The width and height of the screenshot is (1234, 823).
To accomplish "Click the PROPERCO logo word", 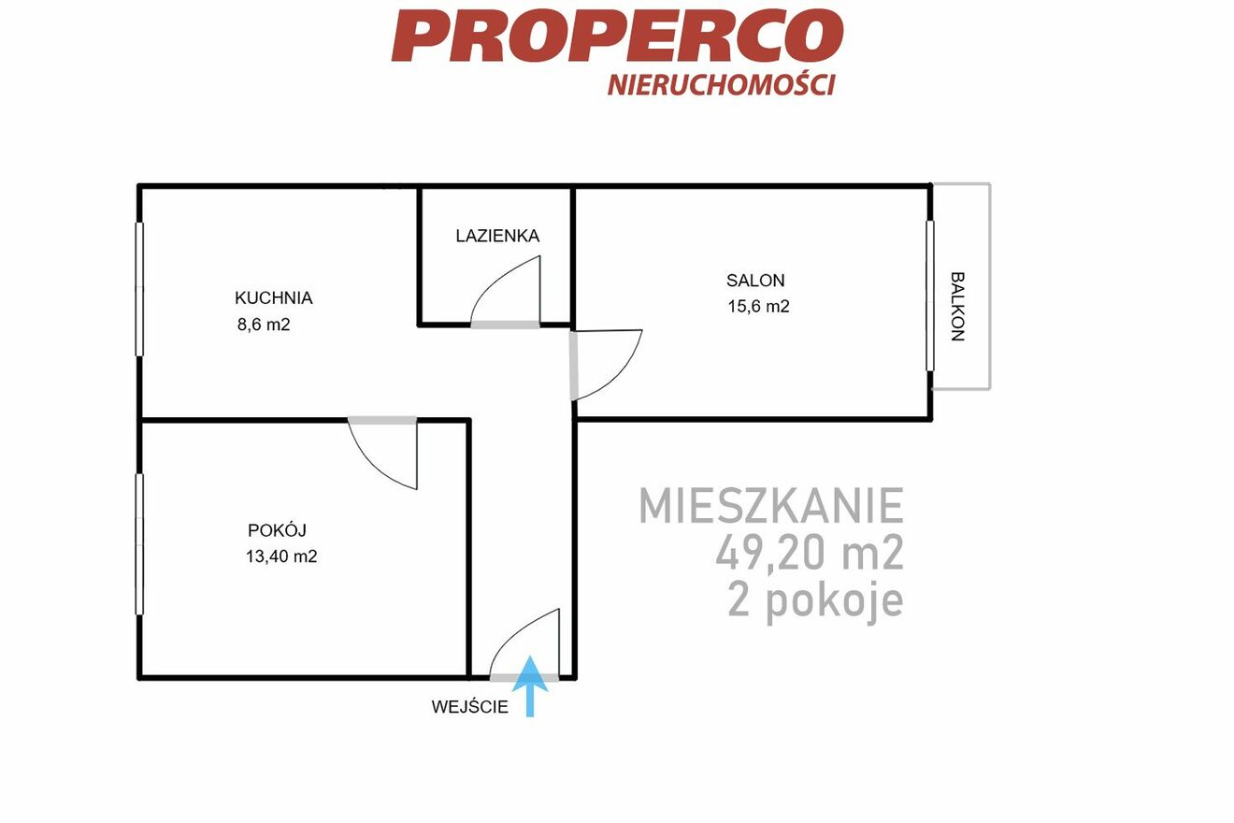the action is click(x=618, y=36).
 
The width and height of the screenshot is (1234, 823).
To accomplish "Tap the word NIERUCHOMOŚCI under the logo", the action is click(x=722, y=84).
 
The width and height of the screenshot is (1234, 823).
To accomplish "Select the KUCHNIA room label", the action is click(x=273, y=298).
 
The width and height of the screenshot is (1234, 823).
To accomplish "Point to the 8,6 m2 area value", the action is click(x=264, y=325).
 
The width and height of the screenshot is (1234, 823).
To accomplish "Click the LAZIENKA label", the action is click(x=497, y=236).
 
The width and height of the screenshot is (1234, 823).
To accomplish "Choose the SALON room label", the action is click(x=755, y=281).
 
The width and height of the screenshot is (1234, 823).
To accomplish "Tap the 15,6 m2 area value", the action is click(x=758, y=307).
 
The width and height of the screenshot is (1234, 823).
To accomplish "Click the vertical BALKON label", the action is click(x=958, y=307).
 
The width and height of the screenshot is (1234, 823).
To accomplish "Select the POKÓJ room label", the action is click(x=277, y=529).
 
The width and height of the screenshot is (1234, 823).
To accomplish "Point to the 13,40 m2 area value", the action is click(x=281, y=556).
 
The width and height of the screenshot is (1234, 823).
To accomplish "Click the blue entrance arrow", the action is click(x=530, y=686).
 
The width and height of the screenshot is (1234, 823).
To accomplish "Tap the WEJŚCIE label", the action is click(x=470, y=707).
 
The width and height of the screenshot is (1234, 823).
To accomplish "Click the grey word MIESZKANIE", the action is click(x=771, y=505).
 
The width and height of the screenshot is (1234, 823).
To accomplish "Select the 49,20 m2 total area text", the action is click(x=810, y=553).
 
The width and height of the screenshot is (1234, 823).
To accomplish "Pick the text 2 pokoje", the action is click(x=815, y=602).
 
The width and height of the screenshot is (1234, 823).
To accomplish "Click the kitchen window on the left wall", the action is click(x=139, y=289).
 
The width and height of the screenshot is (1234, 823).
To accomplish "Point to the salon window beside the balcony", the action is click(x=930, y=296).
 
